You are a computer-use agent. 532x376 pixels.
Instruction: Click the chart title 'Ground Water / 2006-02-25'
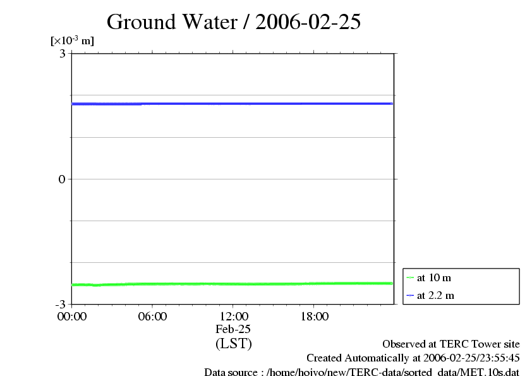(x=234, y=21)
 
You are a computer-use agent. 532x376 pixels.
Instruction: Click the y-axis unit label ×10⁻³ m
(x=72, y=41)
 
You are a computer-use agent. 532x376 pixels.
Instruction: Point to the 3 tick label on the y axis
(x=63, y=54)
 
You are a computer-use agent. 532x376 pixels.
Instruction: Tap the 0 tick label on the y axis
(x=63, y=179)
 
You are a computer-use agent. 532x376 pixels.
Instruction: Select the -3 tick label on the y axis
(x=60, y=304)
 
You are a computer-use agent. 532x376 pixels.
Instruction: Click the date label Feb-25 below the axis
(x=233, y=329)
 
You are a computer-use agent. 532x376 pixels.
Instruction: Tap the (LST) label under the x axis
(x=233, y=344)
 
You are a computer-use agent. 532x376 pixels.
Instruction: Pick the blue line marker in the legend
(x=410, y=295)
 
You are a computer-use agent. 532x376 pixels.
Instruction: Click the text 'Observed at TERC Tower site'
(x=451, y=344)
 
